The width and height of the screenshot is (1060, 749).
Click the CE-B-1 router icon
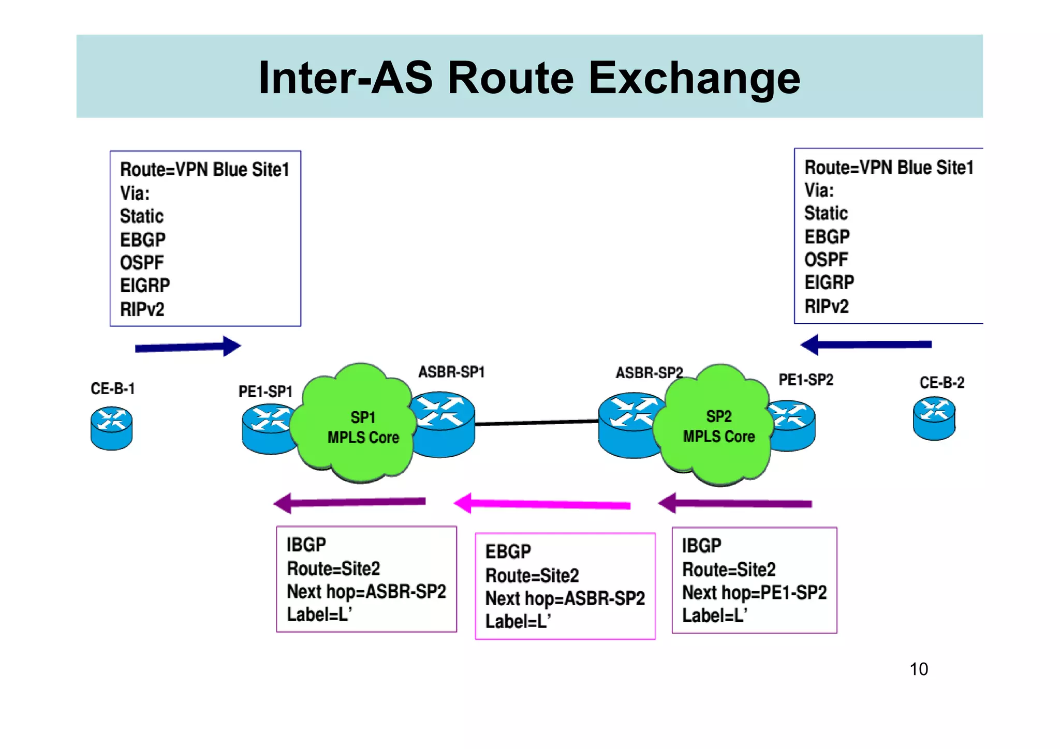click(x=111, y=428)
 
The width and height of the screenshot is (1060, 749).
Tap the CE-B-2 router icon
click(x=934, y=418)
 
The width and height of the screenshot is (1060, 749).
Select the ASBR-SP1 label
click(x=451, y=372)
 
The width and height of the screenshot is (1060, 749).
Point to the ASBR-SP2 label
click(x=649, y=372)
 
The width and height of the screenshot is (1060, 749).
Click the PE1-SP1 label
click(x=265, y=392)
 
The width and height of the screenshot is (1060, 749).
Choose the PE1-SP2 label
click(x=805, y=380)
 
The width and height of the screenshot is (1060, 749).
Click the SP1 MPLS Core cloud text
click(x=363, y=427)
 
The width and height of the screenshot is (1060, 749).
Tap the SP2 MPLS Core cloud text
click(x=718, y=427)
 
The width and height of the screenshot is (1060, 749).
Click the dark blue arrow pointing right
click(x=187, y=347)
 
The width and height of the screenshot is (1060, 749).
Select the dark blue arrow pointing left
click(x=866, y=344)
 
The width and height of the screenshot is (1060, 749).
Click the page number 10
click(x=919, y=669)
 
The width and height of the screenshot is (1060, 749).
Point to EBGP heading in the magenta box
click(x=508, y=551)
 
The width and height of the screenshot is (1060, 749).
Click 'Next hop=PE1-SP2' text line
click(x=754, y=592)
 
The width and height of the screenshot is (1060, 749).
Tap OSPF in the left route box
click(x=142, y=263)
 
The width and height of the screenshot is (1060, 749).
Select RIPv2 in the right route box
click(x=826, y=306)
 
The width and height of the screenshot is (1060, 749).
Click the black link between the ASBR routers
click(x=536, y=423)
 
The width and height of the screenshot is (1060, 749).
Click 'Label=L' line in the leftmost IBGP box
click(x=319, y=614)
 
